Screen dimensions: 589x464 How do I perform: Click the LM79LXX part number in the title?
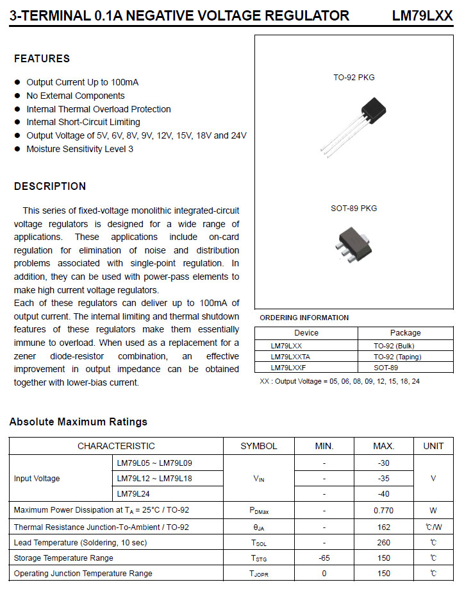coord(422,16)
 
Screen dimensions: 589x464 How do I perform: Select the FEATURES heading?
coord(42,58)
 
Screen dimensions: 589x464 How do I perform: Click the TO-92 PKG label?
coord(354,78)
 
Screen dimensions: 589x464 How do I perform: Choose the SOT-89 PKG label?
coord(354,209)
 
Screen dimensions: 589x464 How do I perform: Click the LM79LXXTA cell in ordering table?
coord(290,356)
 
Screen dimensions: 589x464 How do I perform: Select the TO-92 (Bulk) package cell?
coord(398,345)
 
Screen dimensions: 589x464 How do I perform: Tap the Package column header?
coord(405,332)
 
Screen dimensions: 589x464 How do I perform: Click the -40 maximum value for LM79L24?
coord(383,494)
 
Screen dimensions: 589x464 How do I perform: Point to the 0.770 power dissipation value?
coord(383,511)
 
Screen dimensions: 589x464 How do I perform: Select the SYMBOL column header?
coord(259,446)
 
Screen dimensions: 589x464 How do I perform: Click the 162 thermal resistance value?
coord(383,527)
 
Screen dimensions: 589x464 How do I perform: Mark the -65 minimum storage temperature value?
coord(324,558)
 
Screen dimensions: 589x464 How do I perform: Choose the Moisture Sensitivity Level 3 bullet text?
coord(79,149)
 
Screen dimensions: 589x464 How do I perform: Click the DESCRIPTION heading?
coord(50,187)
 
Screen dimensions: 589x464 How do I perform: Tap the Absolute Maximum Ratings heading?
coord(78,422)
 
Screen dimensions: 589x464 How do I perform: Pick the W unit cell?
coord(433,511)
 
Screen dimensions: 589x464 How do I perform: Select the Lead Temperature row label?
coord(80,543)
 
